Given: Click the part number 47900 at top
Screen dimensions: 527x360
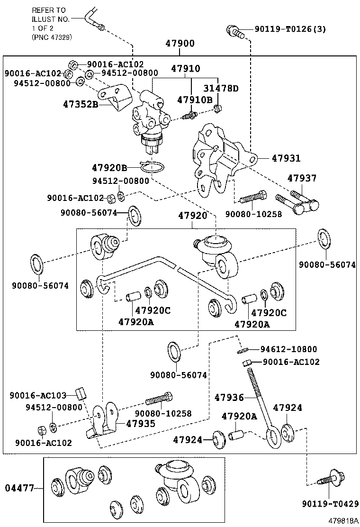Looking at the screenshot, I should tap(180, 44).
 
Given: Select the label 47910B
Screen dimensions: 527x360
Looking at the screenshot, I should tap(195, 100).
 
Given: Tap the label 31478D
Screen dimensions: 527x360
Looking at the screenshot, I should tap(221, 89).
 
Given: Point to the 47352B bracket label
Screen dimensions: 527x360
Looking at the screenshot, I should tap(81, 104).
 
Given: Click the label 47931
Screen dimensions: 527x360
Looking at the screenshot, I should tap(286, 158).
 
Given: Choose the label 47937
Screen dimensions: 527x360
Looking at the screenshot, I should tap(302, 178).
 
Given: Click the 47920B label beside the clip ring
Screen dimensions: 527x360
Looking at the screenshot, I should tap(109, 168).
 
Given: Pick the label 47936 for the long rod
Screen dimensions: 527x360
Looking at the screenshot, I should tap(229, 397).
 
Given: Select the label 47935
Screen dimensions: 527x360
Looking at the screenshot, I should tap(140, 423).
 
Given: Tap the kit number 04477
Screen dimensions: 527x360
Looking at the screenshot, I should tap(20, 488).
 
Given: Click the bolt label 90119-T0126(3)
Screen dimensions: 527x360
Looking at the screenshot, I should tap(290, 29).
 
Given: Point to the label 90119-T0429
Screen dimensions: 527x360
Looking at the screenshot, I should tap(330, 504).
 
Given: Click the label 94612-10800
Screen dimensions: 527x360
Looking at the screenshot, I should tap(288, 349).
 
